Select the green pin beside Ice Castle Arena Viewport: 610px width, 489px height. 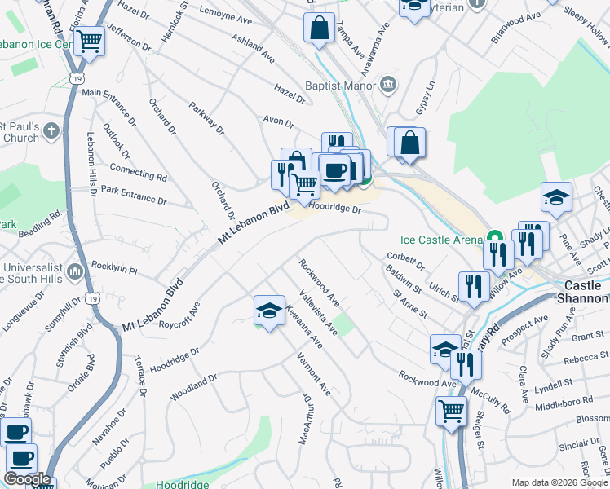point(493,240)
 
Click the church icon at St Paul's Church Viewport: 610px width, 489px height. point(51,130)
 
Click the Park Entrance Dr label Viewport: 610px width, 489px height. point(133,196)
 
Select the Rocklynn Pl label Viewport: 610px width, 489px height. point(114,267)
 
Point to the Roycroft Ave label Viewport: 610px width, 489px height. point(179,314)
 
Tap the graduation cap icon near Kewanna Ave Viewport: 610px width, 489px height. point(269,311)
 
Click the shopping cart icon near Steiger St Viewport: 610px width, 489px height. point(450,411)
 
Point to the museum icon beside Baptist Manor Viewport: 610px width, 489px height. point(388,84)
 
